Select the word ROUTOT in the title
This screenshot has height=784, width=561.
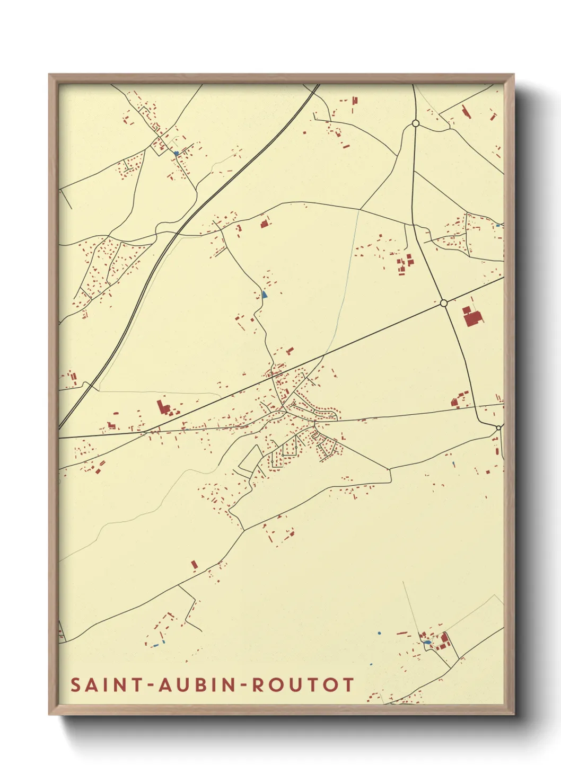[302, 684]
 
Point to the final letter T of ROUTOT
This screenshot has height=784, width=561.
[348, 684]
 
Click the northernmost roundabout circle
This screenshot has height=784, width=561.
[416, 123]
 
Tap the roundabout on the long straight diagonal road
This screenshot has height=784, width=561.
[444, 303]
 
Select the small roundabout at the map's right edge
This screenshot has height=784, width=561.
[498, 427]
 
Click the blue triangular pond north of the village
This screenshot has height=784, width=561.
[265, 293]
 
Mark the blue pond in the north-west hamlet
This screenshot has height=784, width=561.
[176, 154]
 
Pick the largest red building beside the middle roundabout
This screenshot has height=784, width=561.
[471, 318]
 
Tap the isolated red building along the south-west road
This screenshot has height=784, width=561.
[194, 565]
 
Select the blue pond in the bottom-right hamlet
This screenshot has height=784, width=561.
[427, 643]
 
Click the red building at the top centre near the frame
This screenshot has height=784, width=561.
[355, 100]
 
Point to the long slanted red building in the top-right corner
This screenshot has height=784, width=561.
[466, 111]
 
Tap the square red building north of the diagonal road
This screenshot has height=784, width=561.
[264, 224]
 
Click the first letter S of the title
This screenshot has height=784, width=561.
[75, 684]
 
